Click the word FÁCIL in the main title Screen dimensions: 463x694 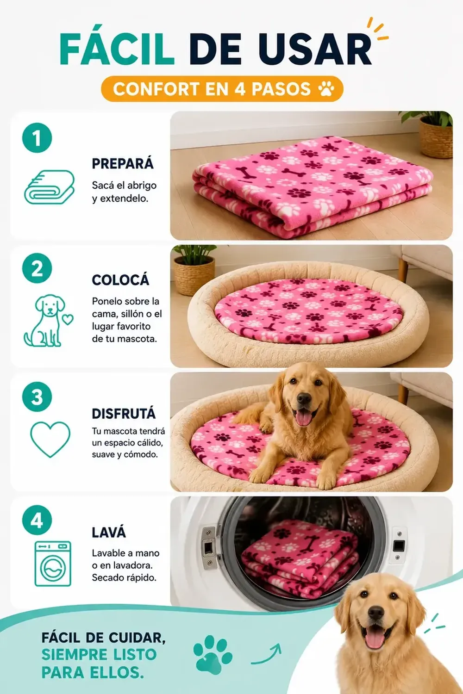coord(117,49)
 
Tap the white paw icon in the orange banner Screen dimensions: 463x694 coord(326,89)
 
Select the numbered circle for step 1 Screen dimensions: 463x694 coord(37,138)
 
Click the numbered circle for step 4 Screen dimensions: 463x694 coord(37,520)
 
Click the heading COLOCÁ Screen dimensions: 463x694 coord(121,279)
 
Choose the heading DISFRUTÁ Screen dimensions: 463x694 coord(124,413)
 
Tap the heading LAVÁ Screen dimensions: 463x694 coord(109,532)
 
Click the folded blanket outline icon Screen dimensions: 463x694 coord(49,187)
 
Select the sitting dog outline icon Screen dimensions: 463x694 coord(49,320)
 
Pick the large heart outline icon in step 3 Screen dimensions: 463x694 coord(50,439)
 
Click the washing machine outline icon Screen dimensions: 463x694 coord(53,564)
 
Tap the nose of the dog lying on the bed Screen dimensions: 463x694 coord(304,399)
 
